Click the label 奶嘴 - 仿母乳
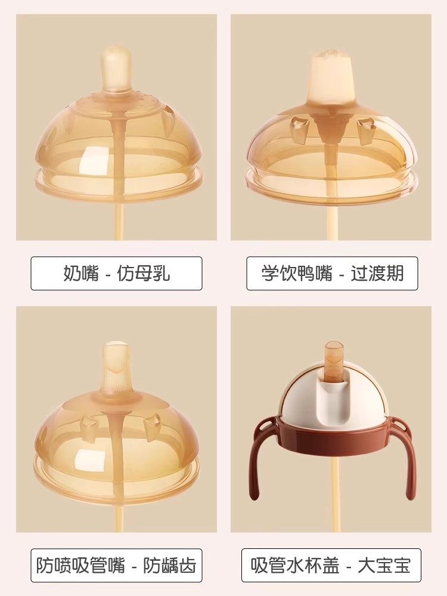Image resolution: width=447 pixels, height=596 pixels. [x=116, y=273]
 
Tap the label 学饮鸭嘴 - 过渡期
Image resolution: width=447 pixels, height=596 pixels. [x=332, y=273]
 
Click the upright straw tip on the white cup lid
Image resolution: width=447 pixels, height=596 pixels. [x=332, y=361]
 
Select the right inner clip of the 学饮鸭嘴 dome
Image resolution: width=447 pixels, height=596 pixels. [x=365, y=127]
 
